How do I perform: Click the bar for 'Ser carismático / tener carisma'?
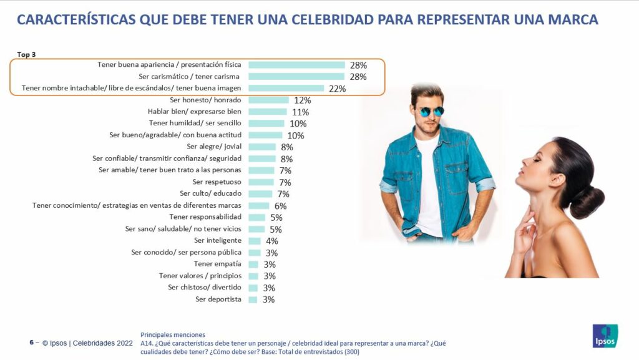pyautogui.click(x=296, y=77)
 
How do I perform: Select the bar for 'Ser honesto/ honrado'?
pyautogui.click(x=268, y=100)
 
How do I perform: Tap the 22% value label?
pyautogui.click(x=337, y=89)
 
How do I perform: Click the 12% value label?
pyautogui.click(x=302, y=100)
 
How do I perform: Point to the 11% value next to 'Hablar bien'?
pyautogui.click(x=300, y=112)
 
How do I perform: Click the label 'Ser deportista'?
pyautogui.click(x=218, y=299)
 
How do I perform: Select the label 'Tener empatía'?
pyautogui.click(x=217, y=264)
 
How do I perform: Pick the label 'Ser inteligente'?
pyautogui.click(x=217, y=241)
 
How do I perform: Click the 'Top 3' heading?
pyautogui.click(x=26, y=55)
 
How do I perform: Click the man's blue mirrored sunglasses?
pyautogui.click(x=430, y=111)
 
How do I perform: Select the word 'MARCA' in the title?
pyautogui.click(x=570, y=20)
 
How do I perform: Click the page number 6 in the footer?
pyautogui.click(x=31, y=343)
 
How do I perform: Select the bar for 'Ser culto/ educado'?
pyautogui.click(x=260, y=194)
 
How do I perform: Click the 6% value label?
pyautogui.click(x=280, y=206)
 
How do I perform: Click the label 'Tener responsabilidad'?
pyautogui.click(x=205, y=217)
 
